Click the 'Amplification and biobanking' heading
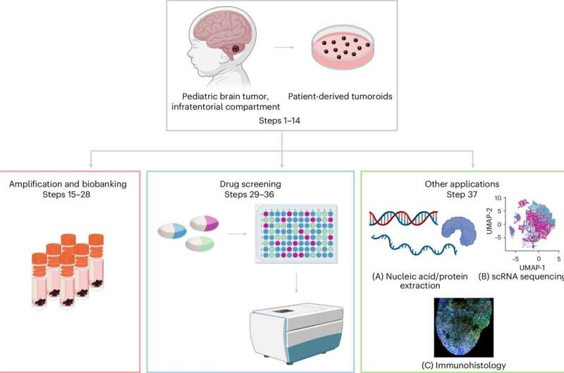pos(68,184)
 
